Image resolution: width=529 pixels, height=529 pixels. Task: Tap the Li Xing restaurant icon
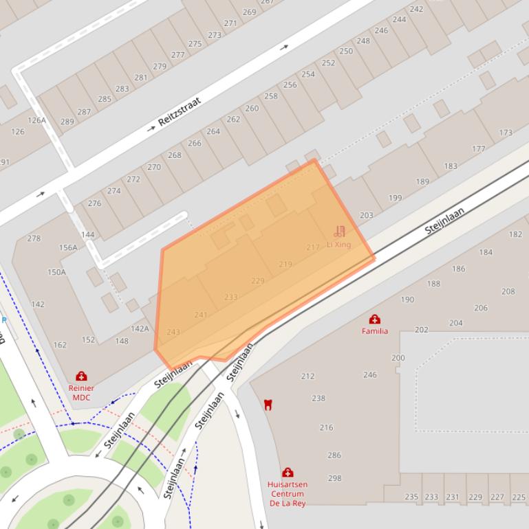coord(339,232)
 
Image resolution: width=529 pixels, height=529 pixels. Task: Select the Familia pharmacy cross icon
coord(375,319)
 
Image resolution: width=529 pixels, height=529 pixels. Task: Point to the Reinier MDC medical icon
coord(81,376)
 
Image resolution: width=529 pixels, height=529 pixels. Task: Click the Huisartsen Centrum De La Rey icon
coord(288,473)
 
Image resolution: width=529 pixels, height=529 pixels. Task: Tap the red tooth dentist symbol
coord(268,405)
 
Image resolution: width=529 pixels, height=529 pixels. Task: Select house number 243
coord(173,332)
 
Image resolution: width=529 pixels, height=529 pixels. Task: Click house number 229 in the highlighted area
coord(258,280)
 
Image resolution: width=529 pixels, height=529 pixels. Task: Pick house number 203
coord(366,215)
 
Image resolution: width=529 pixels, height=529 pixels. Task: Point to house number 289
coord(67,122)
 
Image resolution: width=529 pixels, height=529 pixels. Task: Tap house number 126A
coord(36,120)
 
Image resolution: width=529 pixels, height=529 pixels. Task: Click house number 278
coord(34,238)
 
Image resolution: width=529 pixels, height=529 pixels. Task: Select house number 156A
coord(68,248)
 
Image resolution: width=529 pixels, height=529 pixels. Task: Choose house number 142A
coord(140,328)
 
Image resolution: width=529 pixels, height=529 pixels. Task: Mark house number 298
coord(334,478)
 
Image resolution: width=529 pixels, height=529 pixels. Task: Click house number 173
coord(506,133)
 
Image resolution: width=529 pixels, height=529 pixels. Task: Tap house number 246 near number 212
coord(370,375)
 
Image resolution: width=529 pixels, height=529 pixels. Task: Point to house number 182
coord(515,234)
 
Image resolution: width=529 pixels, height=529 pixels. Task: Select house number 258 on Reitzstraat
coord(271,96)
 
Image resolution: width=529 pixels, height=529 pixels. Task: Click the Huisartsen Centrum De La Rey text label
coord(288,493)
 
